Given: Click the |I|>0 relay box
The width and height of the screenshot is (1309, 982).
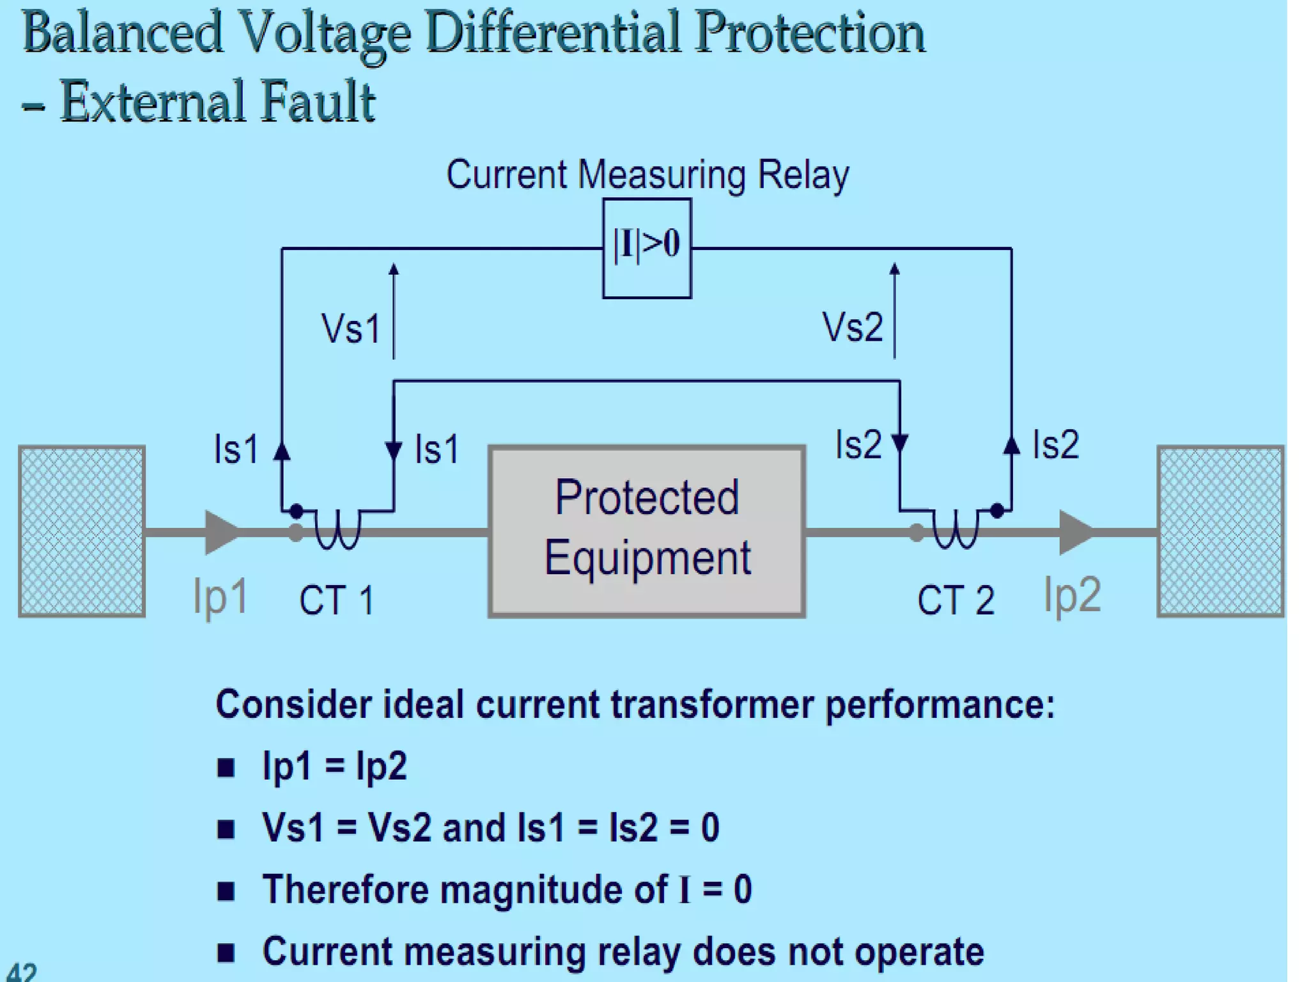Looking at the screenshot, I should tap(646, 248).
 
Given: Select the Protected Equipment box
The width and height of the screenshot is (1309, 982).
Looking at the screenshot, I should tap(646, 531).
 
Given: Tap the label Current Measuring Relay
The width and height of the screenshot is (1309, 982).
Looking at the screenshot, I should tap(647, 175).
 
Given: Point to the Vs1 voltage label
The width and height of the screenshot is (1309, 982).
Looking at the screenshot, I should tap(351, 329).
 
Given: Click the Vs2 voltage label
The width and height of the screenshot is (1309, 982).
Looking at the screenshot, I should tap(852, 327).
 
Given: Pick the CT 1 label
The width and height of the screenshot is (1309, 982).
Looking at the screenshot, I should tap(336, 600).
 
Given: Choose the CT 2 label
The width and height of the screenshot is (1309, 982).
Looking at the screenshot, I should tap(956, 600).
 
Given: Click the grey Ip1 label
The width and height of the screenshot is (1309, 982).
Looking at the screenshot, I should tap(220, 597).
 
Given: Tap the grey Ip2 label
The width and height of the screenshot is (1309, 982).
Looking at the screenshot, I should tap(1072, 595).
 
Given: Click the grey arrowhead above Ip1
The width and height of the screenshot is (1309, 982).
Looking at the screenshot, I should tap(221, 532).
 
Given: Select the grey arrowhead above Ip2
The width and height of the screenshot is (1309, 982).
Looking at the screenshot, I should tap(1074, 532).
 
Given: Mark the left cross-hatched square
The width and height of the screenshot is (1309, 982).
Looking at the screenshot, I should tap(82, 531).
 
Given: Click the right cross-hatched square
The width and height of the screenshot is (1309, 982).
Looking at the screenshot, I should tap(1220, 531).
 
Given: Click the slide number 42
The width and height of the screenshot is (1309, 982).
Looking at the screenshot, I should tap(22, 972).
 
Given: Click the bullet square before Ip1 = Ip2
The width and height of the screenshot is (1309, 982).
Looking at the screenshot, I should tap(226, 767).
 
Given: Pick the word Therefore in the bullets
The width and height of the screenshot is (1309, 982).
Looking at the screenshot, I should tap(346, 889).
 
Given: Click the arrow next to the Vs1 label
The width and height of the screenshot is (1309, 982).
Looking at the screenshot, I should tap(394, 311).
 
